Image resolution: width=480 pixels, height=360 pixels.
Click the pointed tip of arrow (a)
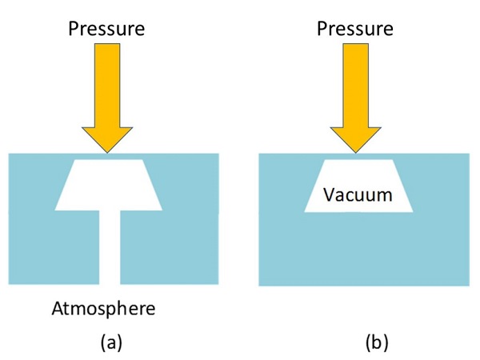109,152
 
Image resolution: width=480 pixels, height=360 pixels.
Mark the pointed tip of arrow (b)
358,152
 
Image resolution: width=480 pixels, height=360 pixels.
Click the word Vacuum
359,194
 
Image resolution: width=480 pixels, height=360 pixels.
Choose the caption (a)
110,343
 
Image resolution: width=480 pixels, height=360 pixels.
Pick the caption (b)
375,343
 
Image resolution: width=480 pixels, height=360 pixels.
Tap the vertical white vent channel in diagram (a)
109,248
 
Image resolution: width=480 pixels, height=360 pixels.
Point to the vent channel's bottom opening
109,284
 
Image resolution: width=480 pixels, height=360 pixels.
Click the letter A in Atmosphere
58,309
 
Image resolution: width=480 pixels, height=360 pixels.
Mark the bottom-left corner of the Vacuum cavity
305,212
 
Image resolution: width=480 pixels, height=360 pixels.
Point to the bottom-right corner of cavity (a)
162,210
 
